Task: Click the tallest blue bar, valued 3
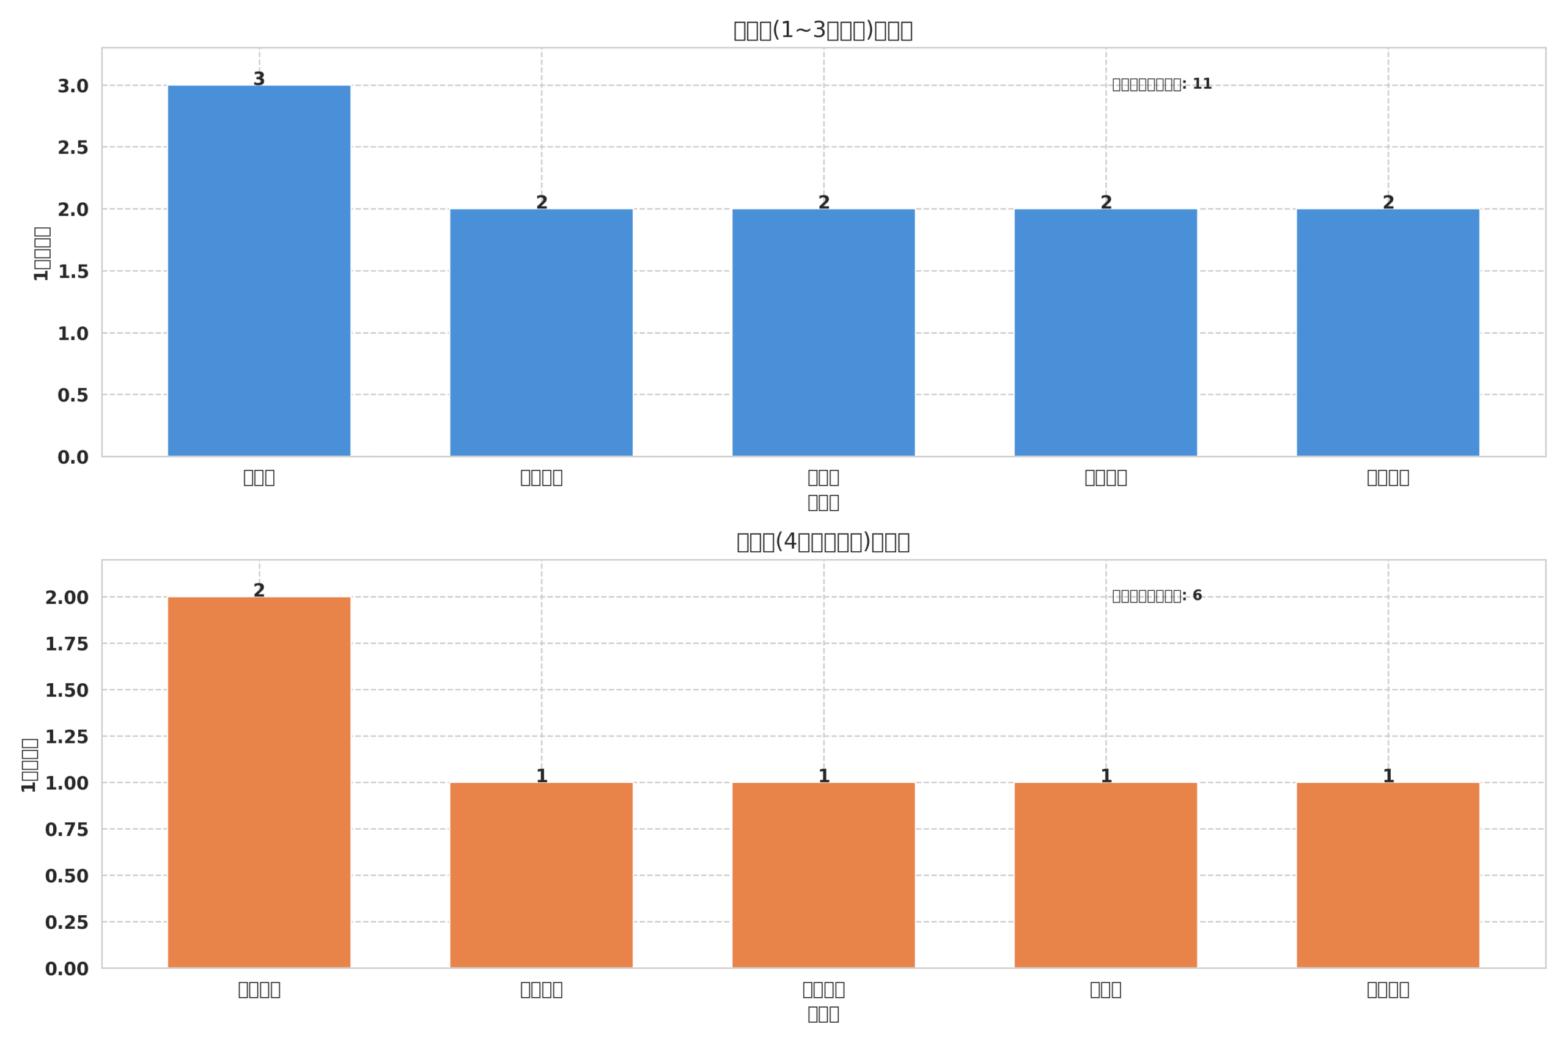pos(259,270)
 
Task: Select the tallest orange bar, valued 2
pos(259,781)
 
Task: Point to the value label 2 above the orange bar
pos(259,591)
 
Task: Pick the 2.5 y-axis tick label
pos(73,148)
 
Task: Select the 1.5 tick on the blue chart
pos(73,271)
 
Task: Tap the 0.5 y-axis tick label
pos(73,395)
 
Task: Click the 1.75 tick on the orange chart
pos(67,644)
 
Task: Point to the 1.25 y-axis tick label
pos(67,737)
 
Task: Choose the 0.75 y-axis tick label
pos(67,830)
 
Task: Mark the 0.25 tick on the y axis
pos(67,923)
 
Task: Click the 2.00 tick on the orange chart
pos(67,598)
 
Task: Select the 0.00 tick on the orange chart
pos(67,969)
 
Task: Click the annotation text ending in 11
pos(1162,84)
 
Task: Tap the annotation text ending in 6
pos(1157,596)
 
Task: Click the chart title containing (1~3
pos(822,31)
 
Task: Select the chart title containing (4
pos(822,542)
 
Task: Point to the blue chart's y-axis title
pos(41,254)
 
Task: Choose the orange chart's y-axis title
pos(29,765)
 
